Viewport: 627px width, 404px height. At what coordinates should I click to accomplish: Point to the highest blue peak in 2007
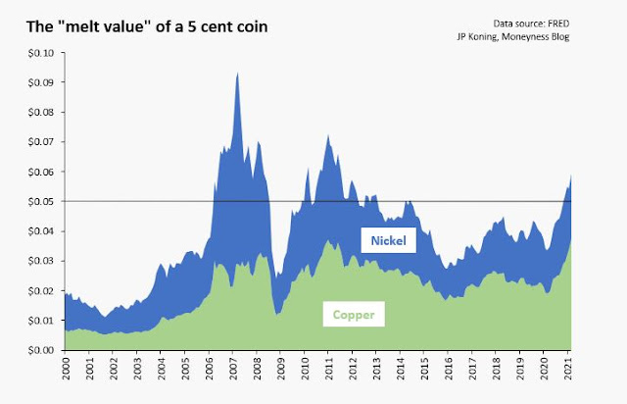237,75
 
